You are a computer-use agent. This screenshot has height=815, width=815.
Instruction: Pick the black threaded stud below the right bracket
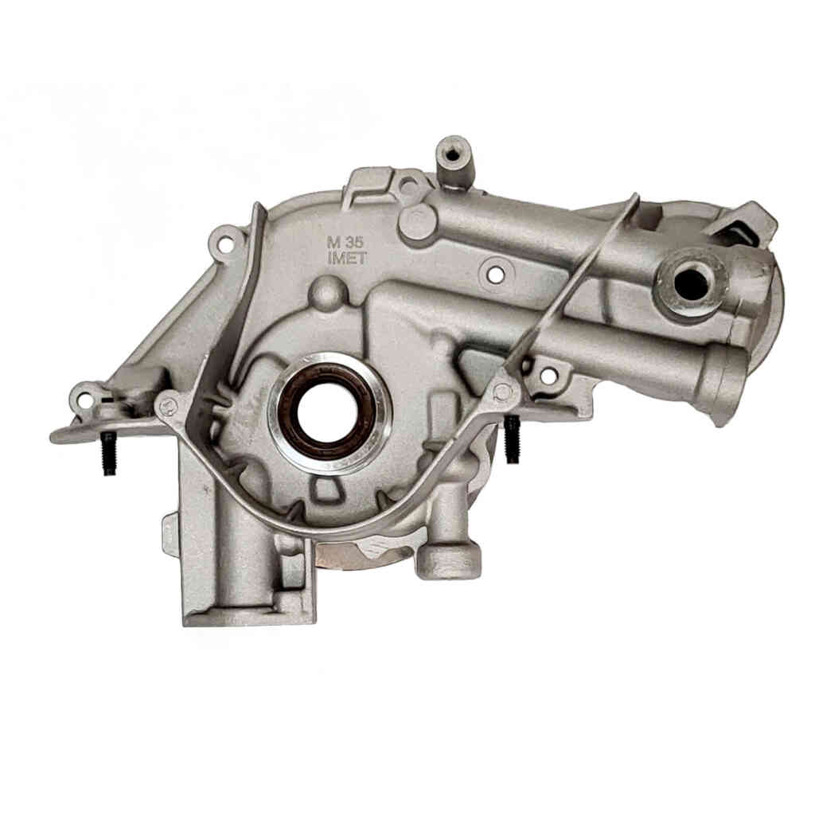pos(513,439)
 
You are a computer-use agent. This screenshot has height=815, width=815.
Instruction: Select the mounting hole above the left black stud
pos(83,400)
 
